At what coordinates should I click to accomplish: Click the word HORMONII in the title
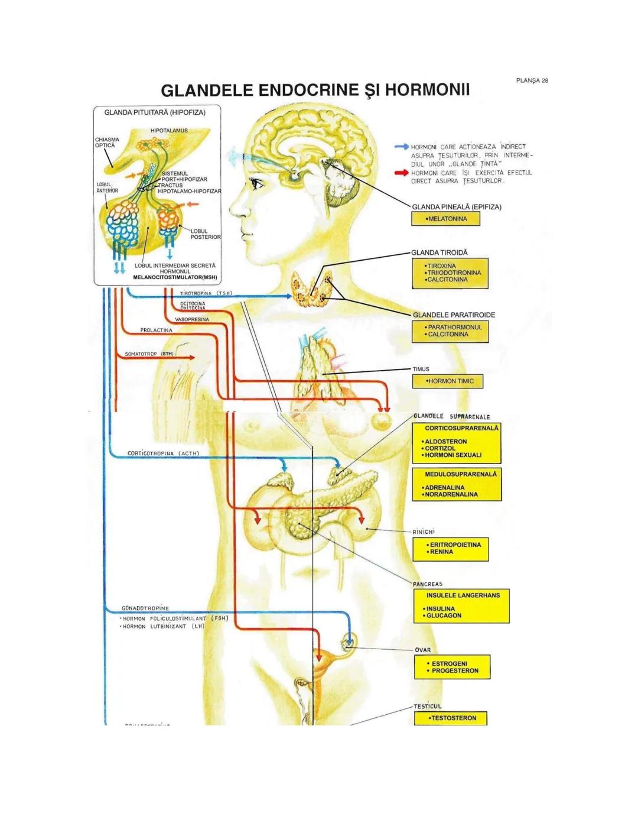(427, 90)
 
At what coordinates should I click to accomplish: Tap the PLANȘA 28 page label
(532, 80)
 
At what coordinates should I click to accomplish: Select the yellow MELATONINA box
(445, 219)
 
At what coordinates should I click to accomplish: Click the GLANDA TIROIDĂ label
(440, 252)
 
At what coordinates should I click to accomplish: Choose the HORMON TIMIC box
(447, 381)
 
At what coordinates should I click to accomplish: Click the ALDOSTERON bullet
(445, 442)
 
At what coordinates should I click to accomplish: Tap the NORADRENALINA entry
(451, 494)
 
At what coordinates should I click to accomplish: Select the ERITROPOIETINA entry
(455, 545)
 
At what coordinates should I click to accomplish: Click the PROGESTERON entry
(455, 671)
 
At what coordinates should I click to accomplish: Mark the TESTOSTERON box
(452, 718)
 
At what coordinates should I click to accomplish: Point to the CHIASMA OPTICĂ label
(106, 142)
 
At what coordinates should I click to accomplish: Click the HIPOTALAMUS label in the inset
(169, 131)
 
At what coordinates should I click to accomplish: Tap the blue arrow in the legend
(402, 146)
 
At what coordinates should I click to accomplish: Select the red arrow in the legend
(402, 173)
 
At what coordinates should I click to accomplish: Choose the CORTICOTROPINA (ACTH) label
(164, 454)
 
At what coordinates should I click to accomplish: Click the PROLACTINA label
(156, 330)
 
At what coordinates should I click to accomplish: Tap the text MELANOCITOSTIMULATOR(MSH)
(175, 277)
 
